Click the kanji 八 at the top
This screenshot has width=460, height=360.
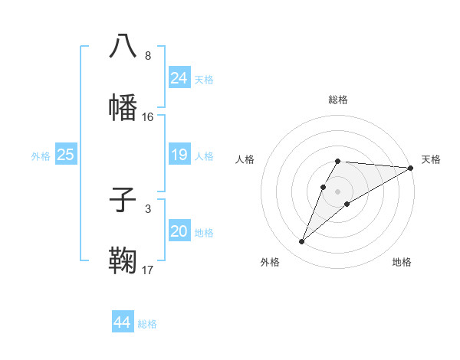[x=123, y=47]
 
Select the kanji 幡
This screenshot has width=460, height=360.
[x=123, y=107]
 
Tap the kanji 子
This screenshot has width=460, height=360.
[x=123, y=200]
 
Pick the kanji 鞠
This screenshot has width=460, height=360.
[x=123, y=260]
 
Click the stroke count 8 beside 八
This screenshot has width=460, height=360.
[x=148, y=56]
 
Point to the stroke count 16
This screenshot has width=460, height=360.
[x=148, y=117]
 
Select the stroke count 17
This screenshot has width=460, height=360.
[x=148, y=270]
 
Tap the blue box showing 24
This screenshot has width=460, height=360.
[x=179, y=78]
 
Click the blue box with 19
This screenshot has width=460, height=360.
[x=179, y=155]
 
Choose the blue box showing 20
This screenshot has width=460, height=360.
[x=179, y=231]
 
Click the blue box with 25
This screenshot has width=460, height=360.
[x=65, y=155]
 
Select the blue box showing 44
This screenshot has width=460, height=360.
[x=122, y=323]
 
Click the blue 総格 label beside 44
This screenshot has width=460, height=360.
[x=147, y=324]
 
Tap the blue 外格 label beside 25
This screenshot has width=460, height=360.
[x=41, y=156]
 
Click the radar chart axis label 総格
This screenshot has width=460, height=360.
[x=338, y=100]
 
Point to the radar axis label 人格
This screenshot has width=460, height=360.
[x=245, y=159]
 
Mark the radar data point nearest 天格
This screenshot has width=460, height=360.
[x=411, y=168]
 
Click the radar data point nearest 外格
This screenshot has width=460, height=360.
[x=301, y=242]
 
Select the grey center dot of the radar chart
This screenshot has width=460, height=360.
[x=338, y=191]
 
